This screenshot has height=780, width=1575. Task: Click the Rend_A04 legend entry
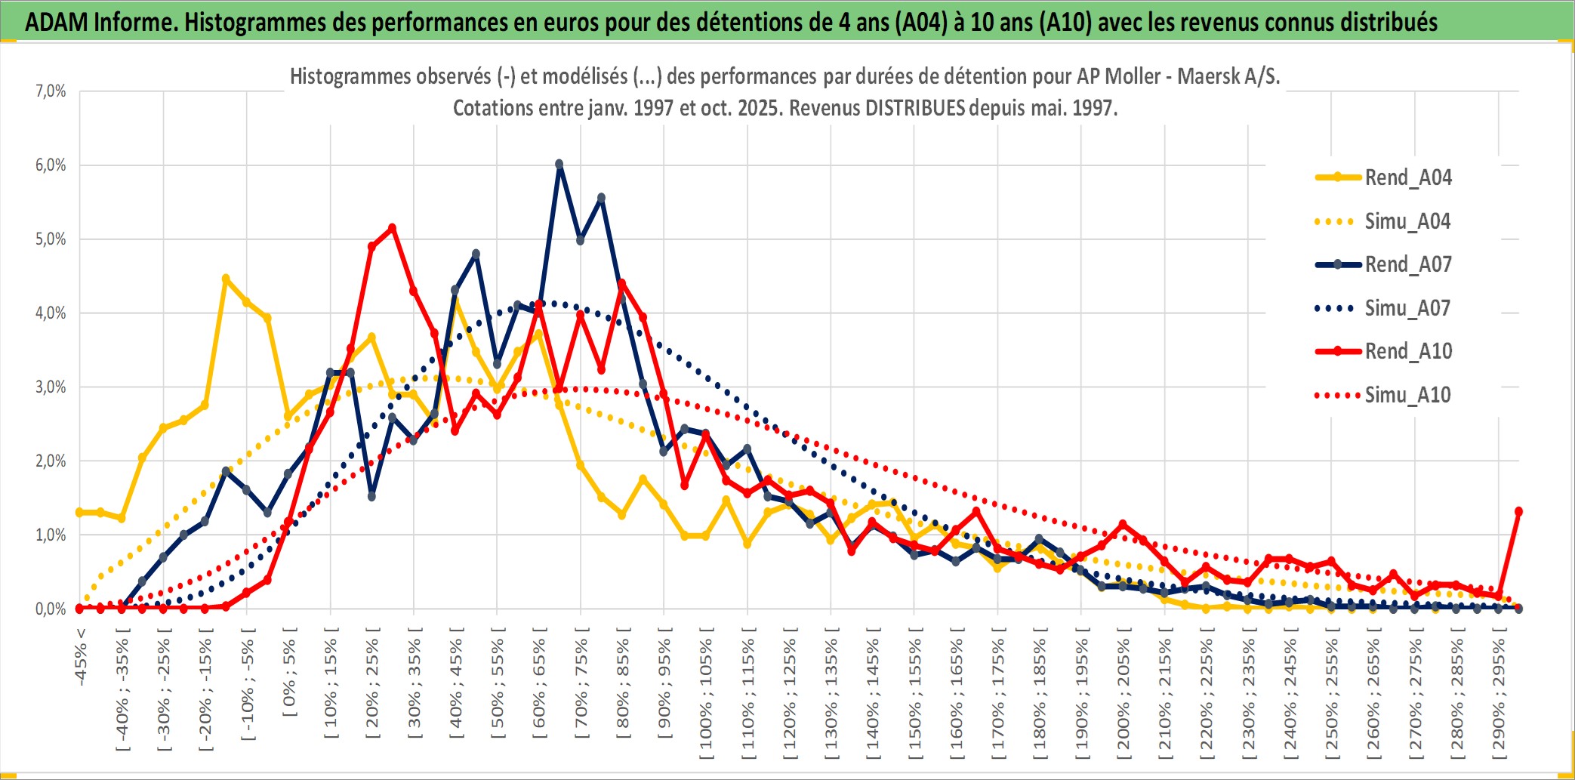1407,177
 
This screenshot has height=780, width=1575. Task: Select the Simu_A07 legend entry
1407,308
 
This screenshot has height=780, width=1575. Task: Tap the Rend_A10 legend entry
1407,351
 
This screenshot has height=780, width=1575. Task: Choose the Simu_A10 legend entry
1407,395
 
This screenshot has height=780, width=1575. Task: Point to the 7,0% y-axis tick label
51,91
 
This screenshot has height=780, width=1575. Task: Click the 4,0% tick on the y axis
51,313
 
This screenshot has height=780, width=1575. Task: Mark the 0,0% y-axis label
51,609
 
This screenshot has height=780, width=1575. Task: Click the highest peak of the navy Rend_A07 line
559,164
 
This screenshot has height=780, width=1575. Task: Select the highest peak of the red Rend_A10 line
392,228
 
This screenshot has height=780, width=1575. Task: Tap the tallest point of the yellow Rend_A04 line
225,279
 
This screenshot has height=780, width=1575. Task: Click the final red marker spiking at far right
1518,511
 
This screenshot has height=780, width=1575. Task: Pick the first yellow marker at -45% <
79,512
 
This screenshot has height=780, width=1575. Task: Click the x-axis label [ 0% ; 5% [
290,671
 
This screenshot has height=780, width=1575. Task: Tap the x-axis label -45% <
81,657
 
